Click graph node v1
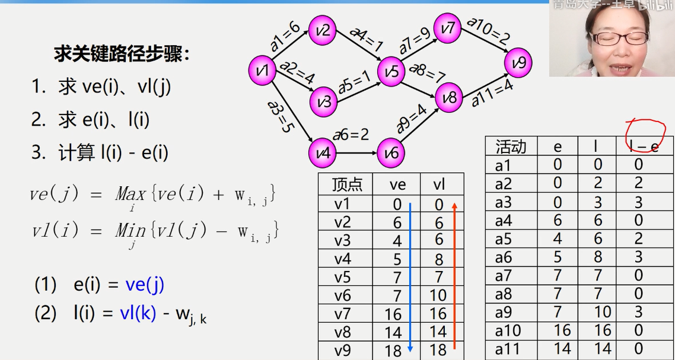tap(262, 71)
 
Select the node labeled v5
tap(391, 72)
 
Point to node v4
tap(323, 154)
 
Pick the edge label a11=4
tap(492, 93)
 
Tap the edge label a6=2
tap(351, 135)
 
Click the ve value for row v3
tap(397, 241)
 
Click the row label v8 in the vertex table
tap(342, 332)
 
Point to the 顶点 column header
tap(348, 184)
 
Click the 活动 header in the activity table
tap(511, 146)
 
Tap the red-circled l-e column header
tap(644, 146)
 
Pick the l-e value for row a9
tap(638, 312)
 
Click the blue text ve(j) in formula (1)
tap(145, 285)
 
